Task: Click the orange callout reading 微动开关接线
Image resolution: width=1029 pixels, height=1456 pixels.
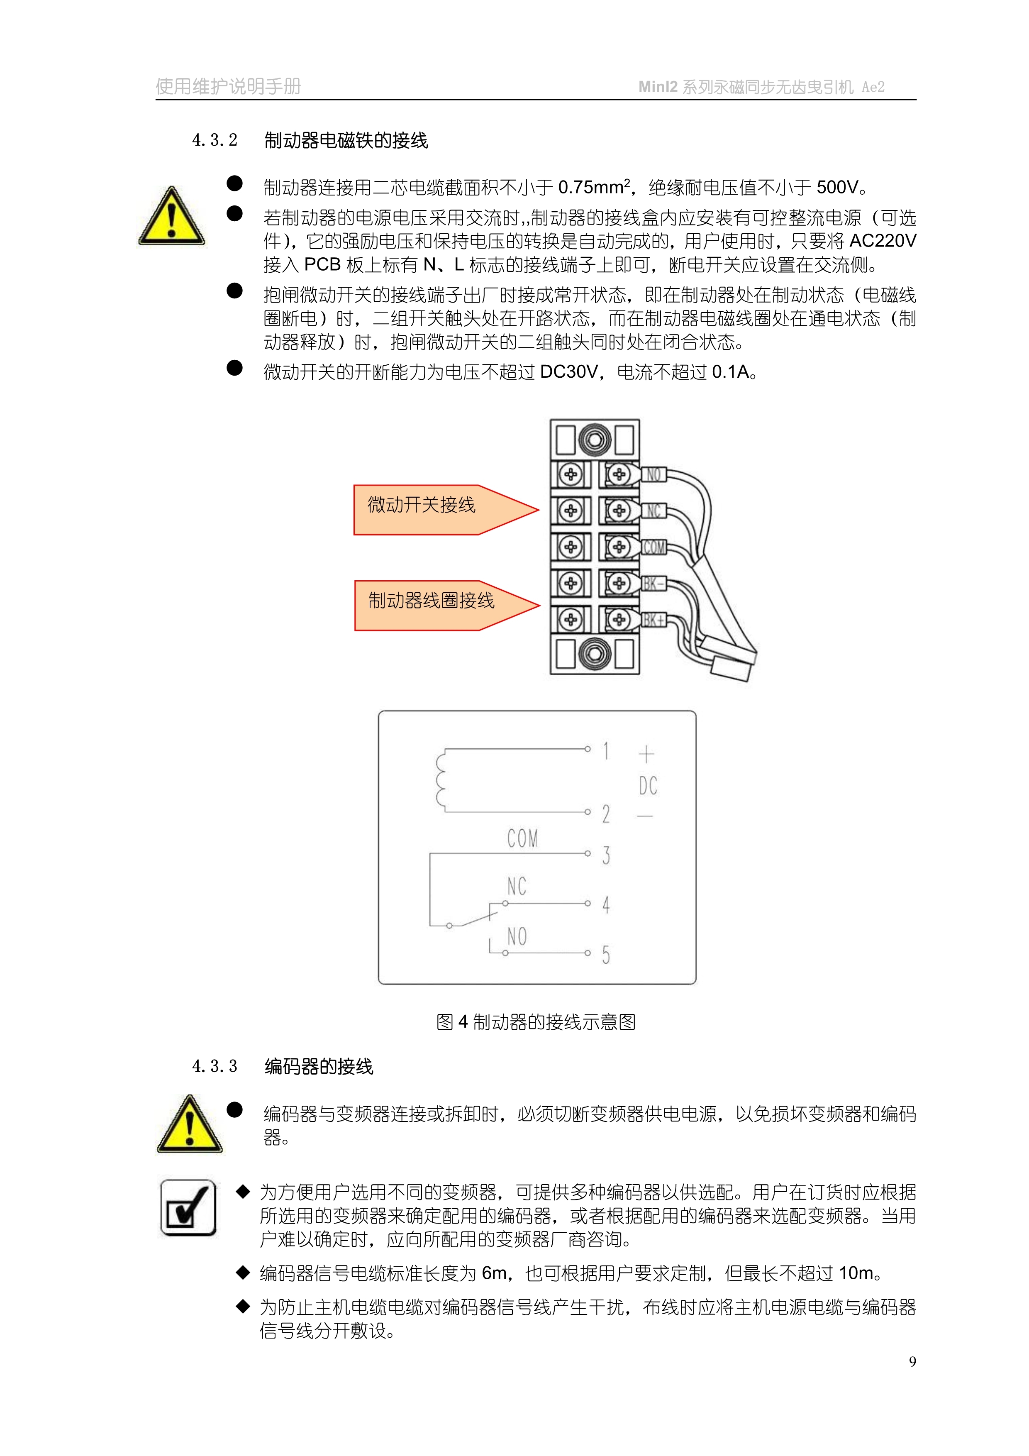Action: (444, 509)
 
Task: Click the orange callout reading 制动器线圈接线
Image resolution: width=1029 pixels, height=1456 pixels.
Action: (445, 605)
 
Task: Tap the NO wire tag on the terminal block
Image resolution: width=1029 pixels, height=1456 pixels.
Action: (653, 474)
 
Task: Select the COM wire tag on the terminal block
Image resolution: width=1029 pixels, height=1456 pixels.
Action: (653, 547)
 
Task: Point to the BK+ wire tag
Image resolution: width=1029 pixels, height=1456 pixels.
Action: (653, 620)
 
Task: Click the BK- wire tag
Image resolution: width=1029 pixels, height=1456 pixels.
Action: (653, 584)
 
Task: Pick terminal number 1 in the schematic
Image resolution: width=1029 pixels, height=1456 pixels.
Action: (606, 751)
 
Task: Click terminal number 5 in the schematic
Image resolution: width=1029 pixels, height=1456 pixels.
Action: (606, 954)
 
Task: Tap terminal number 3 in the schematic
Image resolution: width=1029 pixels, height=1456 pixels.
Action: (606, 855)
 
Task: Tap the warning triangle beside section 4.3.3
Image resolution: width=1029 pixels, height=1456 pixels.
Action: (190, 1124)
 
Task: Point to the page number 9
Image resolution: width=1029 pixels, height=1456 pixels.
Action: (912, 1361)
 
